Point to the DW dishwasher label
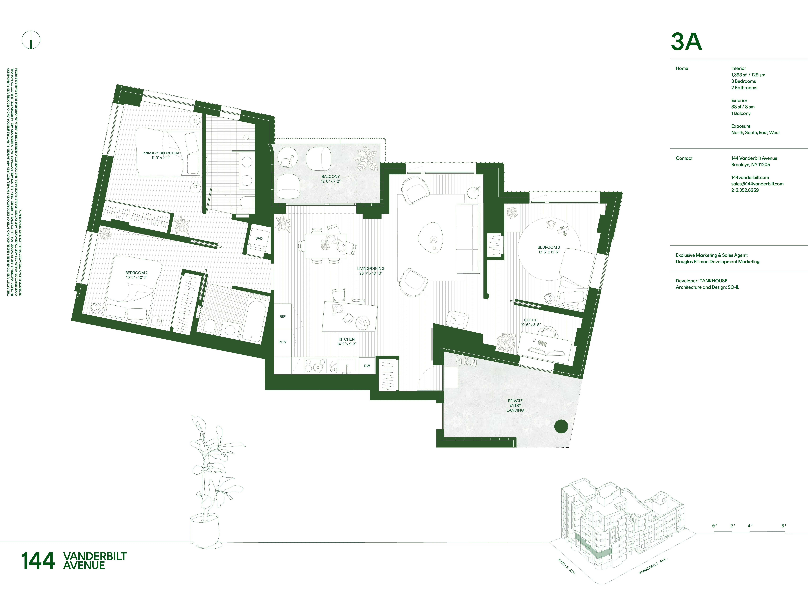(x=367, y=366)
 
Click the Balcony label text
(x=331, y=179)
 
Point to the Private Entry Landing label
(x=515, y=405)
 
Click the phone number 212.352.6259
(x=745, y=190)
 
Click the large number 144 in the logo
(x=38, y=561)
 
